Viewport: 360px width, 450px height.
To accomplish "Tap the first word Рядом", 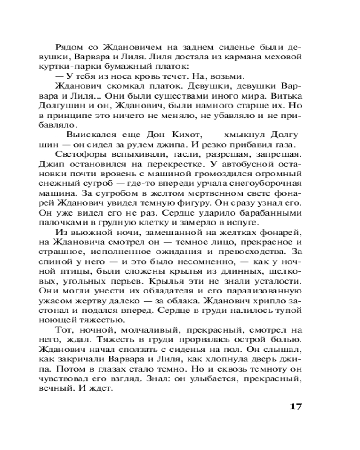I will [x=67, y=47].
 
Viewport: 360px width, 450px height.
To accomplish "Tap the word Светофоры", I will [x=78, y=154].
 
